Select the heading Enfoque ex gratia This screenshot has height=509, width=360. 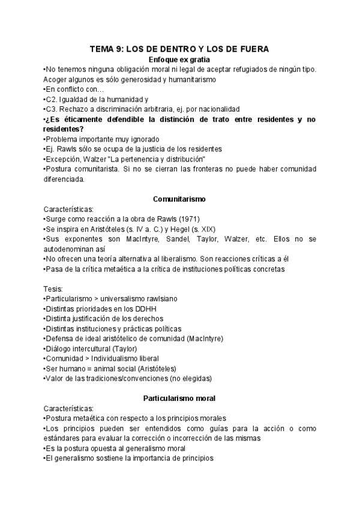pyautogui.click(x=180, y=59)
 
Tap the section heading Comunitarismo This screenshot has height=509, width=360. pyautogui.click(x=180, y=199)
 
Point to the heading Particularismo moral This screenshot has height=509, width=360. pyautogui.click(x=179, y=398)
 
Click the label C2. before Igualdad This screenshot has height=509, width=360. pyautogui.click(x=52, y=99)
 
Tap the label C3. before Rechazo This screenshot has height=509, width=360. pyautogui.click(x=52, y=109)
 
